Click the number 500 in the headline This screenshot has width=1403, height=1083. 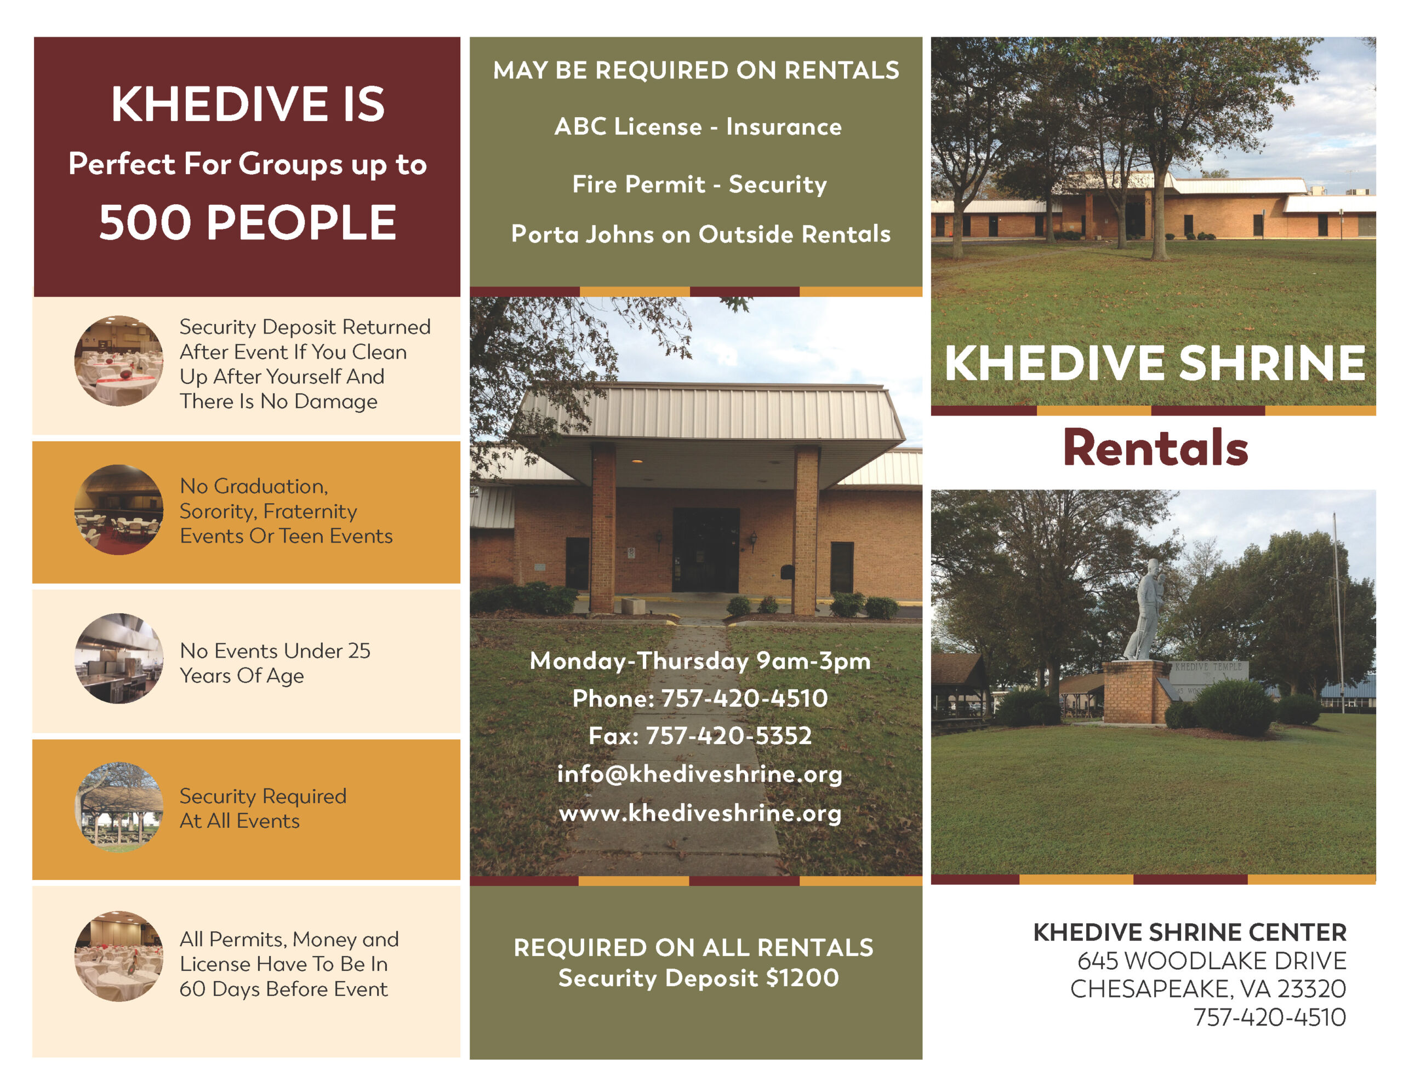coord(145,222)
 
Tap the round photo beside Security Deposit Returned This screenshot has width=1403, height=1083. coord(119,360)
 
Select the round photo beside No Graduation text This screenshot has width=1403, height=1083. coord(119,510)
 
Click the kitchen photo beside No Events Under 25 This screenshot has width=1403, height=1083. coord(119,658)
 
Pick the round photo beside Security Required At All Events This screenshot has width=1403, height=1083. coord(119,807)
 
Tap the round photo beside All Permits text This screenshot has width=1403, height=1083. coord(119,956)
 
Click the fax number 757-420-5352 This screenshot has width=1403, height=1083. coord(728,736)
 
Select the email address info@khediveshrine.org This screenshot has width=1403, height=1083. coord(699,774)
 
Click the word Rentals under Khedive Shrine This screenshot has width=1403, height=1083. coord(1156,447)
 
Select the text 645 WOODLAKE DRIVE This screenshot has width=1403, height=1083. coord(1212,960)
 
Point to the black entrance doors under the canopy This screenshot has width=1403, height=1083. coord(705,550)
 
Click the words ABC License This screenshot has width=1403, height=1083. coord(628,126)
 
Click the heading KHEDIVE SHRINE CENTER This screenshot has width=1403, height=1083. coord(1190,932)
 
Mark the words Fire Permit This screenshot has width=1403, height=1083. coord(638,185)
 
